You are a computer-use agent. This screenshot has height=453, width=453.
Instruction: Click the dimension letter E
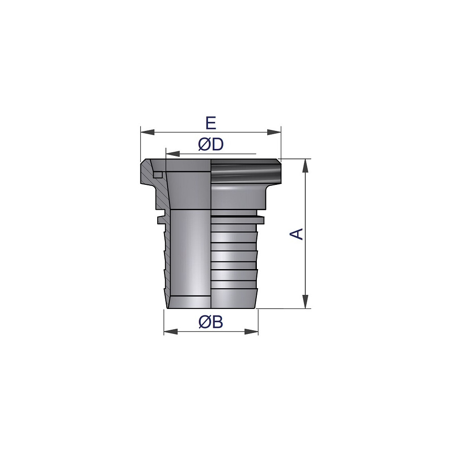pyautogui.click(x=211, y=123)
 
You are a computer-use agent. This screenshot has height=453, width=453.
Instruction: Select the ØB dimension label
pyautogui.click(x=211, y=322)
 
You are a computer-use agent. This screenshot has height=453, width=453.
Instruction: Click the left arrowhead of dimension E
pyautogui.click(x=147, y=132)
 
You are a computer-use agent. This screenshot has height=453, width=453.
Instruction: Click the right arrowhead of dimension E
pyautogui.click(x=274, y=132)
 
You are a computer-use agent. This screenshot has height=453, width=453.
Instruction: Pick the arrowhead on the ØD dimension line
pyautogui.click(x=173, y=154)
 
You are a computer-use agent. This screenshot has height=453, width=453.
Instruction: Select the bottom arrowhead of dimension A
pyautogui.click(x=305, y=302)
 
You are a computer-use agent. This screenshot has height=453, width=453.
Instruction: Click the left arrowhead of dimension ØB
pyautogui.click(x=171, y=332)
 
